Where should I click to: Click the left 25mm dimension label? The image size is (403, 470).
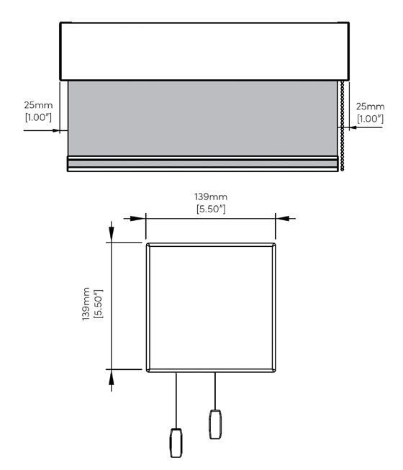38,105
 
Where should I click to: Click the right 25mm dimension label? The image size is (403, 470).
370,107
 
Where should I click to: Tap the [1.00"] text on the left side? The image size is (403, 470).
38,117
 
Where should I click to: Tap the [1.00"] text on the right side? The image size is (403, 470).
371,119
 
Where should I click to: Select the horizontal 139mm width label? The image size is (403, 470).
211,197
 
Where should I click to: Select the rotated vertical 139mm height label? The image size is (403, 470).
86,304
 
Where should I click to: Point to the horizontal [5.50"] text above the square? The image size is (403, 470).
211,209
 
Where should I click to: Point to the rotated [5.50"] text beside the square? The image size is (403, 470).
99,304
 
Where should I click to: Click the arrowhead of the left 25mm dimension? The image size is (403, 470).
56,130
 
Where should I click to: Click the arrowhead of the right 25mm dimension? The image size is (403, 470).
353,127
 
